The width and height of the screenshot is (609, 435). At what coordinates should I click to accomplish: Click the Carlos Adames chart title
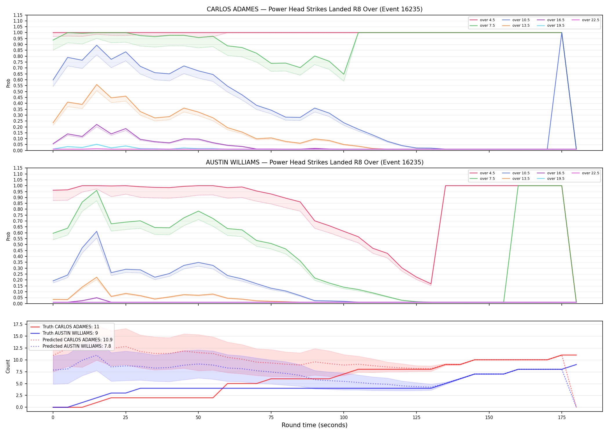click(x=314, y=9)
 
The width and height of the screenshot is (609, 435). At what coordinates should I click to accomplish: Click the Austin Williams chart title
click(x=314, y=162)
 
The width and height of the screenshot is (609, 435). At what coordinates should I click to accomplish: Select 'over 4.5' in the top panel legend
click(x=487, y=20)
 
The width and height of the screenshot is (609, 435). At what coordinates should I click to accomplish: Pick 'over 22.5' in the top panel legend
click(x=590, y=20)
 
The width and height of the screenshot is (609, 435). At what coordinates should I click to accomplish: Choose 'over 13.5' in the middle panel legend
click(x=521, y=179)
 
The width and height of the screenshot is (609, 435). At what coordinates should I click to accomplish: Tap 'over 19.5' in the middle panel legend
click(x=556, y=179)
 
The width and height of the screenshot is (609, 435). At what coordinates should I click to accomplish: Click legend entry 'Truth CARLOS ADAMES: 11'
click(x=71, y=327)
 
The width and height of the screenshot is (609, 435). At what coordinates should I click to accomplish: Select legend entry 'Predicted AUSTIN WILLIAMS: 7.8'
click(x=77, y=346)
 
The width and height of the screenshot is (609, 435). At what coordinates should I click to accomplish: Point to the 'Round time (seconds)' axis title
click(x=314, y=425)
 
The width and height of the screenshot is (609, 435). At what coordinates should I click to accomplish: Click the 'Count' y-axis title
click(x=8, y=366)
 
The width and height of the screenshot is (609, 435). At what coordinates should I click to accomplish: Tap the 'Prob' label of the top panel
click(x=8, y=83)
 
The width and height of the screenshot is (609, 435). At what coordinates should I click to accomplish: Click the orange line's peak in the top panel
click(x=97, y=84)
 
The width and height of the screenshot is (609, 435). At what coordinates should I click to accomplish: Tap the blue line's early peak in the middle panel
click(x=97, y=231)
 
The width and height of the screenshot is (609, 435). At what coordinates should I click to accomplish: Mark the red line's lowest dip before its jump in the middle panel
click(x=431, y=284)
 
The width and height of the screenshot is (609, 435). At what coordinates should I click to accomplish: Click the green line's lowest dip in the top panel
click(x=344, y=74)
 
